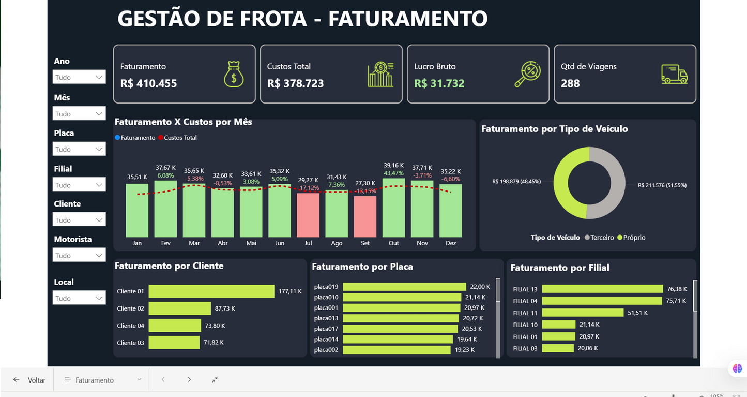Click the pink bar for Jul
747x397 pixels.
pos(308,215)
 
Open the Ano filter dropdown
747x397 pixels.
pos(79,77)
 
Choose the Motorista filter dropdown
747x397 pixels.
pos(79,256)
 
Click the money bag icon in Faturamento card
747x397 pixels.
pos(234,75)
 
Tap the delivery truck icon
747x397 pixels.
pos(674,75)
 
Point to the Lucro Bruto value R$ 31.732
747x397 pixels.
pos(439,83)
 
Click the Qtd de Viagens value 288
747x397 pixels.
pos(570,83)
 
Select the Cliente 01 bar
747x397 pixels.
pos(211,291)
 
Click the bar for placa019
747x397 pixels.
pos(404,287)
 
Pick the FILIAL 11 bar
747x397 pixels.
pos(583,313)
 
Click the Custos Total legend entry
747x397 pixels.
pos(179,138)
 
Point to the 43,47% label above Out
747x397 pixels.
pos(394,173)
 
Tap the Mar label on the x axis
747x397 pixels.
pos(194,243)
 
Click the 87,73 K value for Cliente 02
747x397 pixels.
pos(225,308)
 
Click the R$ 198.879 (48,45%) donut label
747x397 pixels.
pos(516,182)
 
